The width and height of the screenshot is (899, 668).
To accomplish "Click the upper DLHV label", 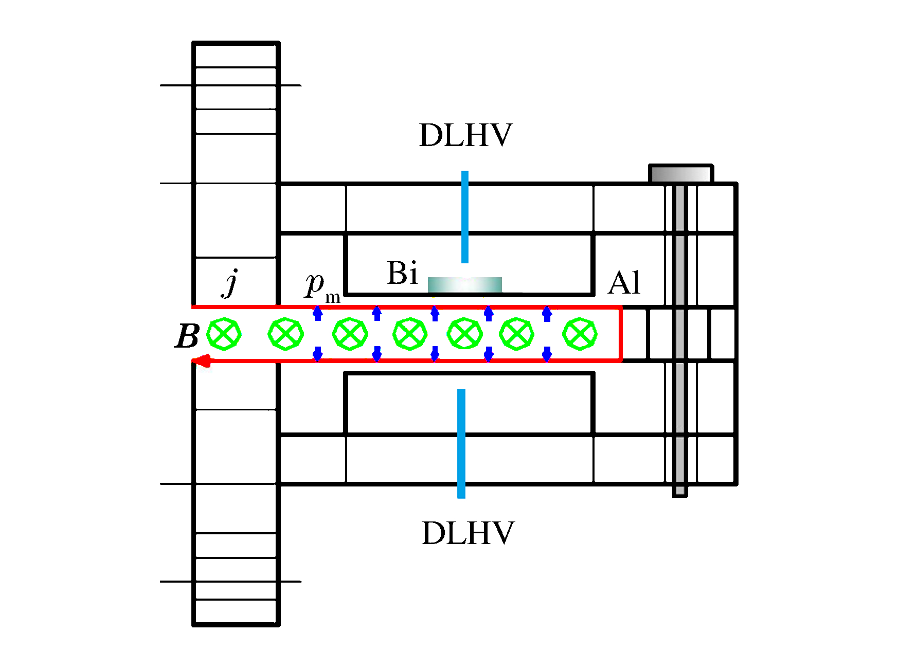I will tap(465, 135).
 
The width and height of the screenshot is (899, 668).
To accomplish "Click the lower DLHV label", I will tap(468, 533).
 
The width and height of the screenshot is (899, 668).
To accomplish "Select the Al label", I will tap(624, 283).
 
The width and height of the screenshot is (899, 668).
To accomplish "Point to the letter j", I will tap(231, 283).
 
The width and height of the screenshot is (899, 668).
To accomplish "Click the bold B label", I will tap(187, 337).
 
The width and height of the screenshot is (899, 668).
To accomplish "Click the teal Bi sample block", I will tap(465, 285).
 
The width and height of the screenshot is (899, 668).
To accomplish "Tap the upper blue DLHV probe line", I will tap(465, 216).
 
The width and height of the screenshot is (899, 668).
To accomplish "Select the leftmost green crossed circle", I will tap(224, 334).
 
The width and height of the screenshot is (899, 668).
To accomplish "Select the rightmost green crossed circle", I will tap(580, 334).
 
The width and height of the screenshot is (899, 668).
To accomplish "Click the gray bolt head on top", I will tap(681, 173).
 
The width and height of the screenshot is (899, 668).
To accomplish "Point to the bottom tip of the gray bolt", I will tap(680, 492).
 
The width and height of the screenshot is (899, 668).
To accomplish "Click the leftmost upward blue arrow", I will tap(318, 313).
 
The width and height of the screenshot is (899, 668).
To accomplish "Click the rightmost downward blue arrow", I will tap(547, 354).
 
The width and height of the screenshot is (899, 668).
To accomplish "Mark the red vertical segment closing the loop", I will tap(621, 334).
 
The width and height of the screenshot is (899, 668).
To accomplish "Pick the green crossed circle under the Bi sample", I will tap(465, 334).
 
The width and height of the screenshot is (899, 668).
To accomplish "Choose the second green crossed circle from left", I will tap(285, 334).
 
